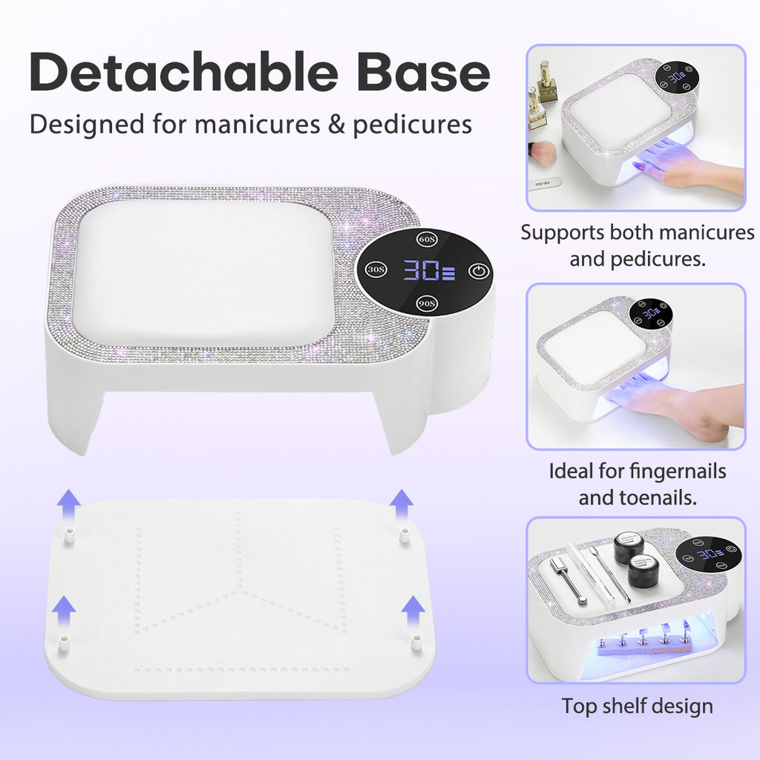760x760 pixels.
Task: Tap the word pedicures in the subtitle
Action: pyautogui.click(x=412, y=124)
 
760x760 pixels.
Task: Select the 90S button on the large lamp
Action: pyautogui.click(x=425, y=303)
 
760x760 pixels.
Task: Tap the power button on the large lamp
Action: pyautogui.click(x=479, y=270)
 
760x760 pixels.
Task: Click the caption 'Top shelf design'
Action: pyautogui.click(x=637, y=706)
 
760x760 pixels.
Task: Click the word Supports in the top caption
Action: pyautogui.click(x=562, y=232)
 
